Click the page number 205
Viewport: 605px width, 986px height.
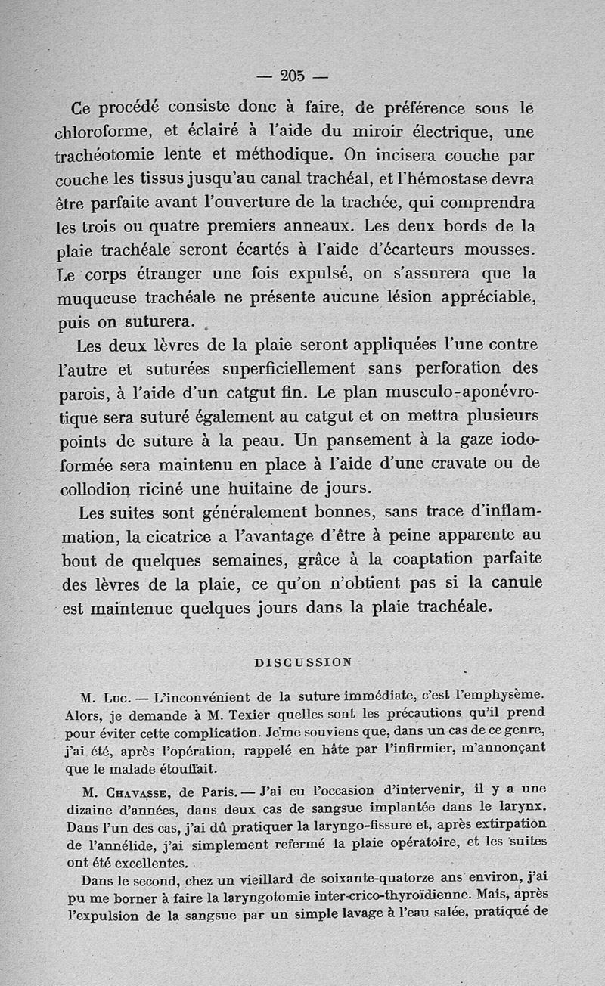pos(291,75)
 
